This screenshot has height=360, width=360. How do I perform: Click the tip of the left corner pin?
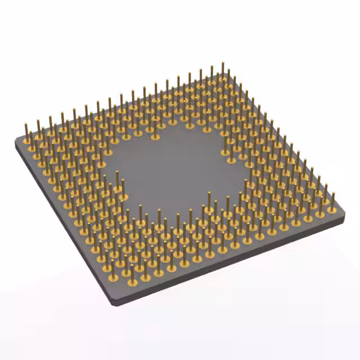(x=26, y=123)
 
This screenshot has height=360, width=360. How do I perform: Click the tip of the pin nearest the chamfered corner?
(x=132, y=265)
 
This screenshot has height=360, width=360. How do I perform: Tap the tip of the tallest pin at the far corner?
(x=223, y=64)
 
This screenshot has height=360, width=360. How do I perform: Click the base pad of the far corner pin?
(x=222, y=79)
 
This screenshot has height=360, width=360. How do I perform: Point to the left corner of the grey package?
(x=16, y=142)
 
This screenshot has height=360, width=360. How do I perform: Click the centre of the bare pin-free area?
(x=174, y=169)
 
